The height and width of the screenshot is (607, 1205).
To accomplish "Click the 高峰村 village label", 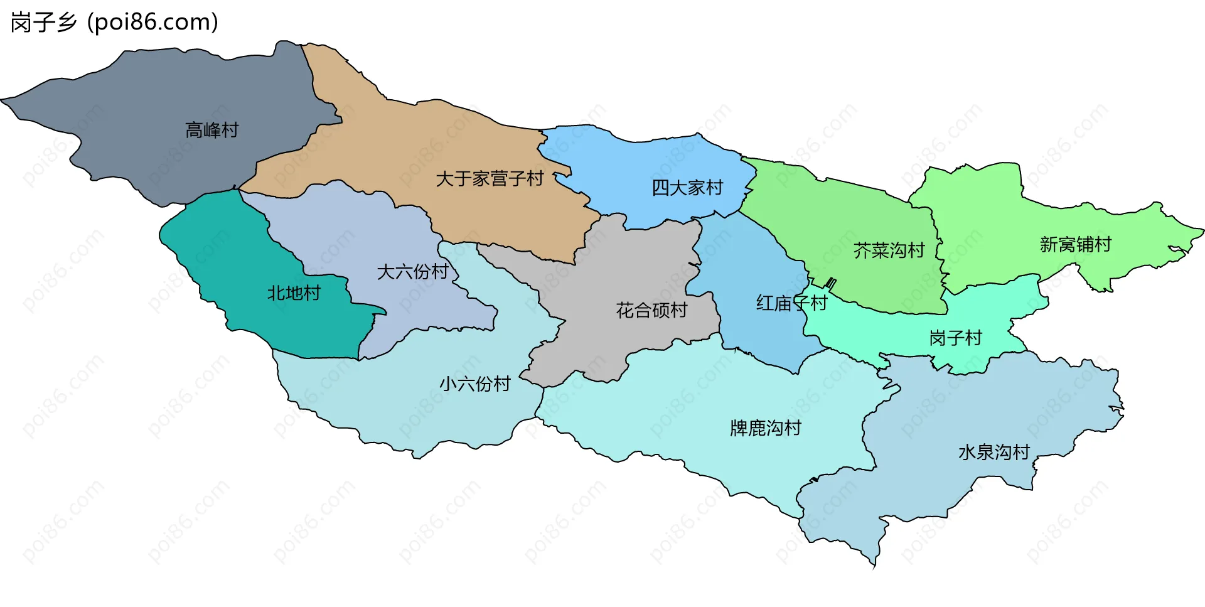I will pos(212,130).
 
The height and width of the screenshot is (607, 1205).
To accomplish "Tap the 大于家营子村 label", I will pos(490,179).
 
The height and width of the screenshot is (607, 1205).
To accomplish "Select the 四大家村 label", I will pos(687,187).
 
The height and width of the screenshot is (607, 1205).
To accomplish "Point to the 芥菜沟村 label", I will pos(889,250).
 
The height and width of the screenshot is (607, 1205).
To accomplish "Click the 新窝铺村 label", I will pos(1075,244).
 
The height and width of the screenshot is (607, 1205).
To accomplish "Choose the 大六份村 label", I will pos(412,272).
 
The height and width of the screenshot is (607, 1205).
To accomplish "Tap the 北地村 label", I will pos(294,293).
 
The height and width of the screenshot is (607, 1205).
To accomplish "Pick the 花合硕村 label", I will pos(651,310).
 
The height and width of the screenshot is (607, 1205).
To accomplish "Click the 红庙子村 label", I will pos(791,303).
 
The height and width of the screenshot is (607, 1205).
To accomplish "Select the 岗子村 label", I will pos(955,338).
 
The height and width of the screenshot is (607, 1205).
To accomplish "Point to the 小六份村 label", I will pos(474,384).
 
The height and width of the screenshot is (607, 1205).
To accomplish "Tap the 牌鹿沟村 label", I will pos(765,428).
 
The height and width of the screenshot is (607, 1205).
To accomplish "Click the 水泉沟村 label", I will pos(993,452).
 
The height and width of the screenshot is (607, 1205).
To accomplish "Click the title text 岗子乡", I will pos(43,23).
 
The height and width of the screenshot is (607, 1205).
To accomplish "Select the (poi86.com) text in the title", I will pos(153,23).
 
